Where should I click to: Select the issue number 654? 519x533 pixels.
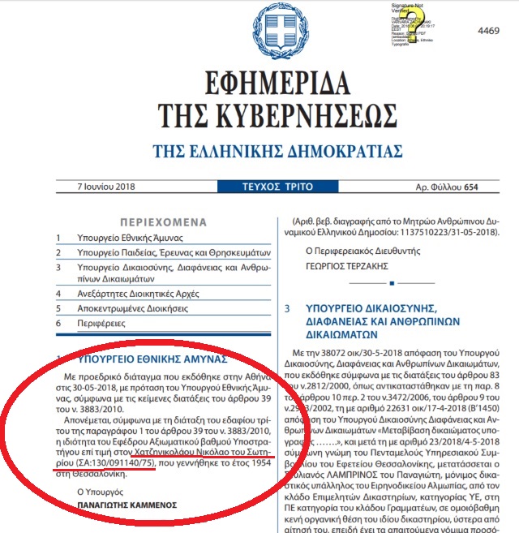pyautogui.click(x=491, y=185)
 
